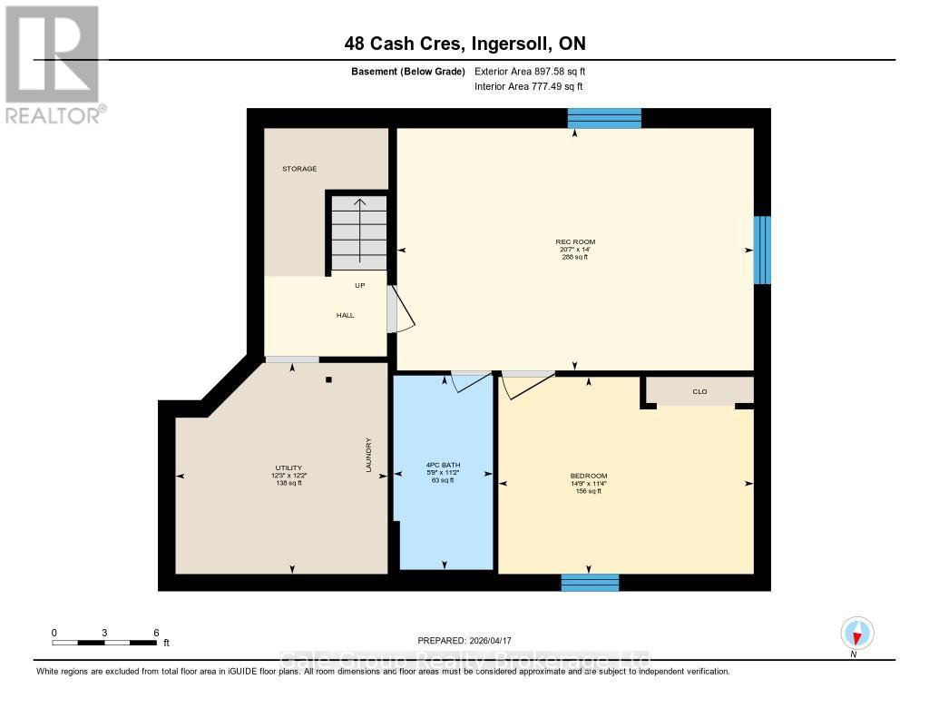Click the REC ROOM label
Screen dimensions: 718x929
click(575, 241)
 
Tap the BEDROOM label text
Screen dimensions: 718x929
click(589, 476)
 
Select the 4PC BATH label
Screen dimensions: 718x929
click(444, 465)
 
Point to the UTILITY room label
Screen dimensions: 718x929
click(288, 467)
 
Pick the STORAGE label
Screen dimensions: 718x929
click(299, 169)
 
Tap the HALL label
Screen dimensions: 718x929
click(345, 315)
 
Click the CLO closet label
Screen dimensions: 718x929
click(699, 392)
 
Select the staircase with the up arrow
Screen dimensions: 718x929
click(359, 231)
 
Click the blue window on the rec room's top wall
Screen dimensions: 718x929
click(604, 118)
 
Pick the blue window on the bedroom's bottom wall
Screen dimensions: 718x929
click(590, 582)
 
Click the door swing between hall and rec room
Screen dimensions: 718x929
click(400, 310)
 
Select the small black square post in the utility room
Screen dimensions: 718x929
click(329, 380)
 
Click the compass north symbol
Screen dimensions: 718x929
click(856, 633)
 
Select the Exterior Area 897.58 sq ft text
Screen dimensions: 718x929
click(536, 71)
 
